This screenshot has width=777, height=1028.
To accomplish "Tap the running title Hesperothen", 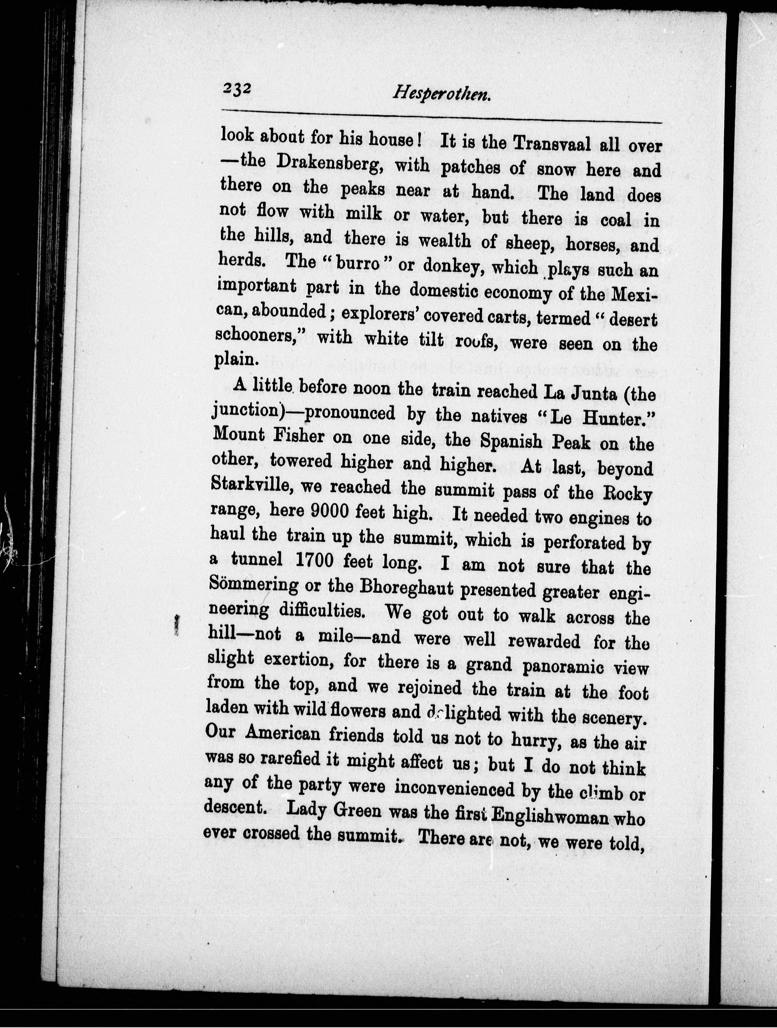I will tap(442, 94).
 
